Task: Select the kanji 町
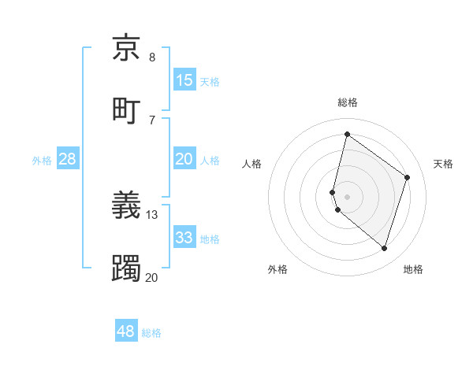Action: coord(127,109)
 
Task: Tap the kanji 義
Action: coord(127,205)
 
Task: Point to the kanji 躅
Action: coord(127,268)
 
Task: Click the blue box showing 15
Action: coord(184,80)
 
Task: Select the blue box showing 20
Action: coord(184,159)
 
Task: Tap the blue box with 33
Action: coord(184,238)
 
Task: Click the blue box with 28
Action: coord(68,159)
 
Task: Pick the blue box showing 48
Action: coord(126,331)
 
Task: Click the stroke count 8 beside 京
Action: coord(152,57)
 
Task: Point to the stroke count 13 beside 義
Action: coord(152,214)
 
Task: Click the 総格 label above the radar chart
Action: coord(347,102)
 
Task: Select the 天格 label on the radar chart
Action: coord(443,164)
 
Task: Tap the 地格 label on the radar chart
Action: coord(413,269)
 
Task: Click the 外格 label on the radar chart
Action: coord(277,269)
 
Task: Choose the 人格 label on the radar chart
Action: coord(252,164)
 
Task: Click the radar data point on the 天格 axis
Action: coord(408,177)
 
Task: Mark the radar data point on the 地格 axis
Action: coord(384,249)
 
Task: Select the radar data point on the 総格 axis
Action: coord(347,134)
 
